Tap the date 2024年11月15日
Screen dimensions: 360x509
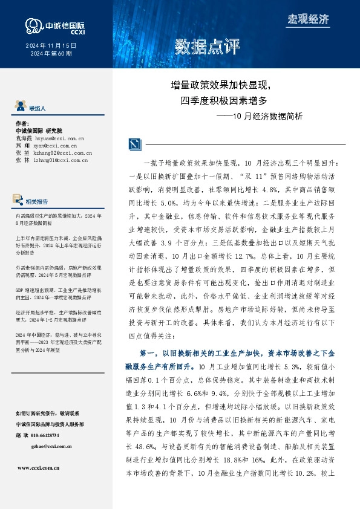(x=51, y=45)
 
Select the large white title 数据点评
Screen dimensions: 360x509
(x=208, y=47)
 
